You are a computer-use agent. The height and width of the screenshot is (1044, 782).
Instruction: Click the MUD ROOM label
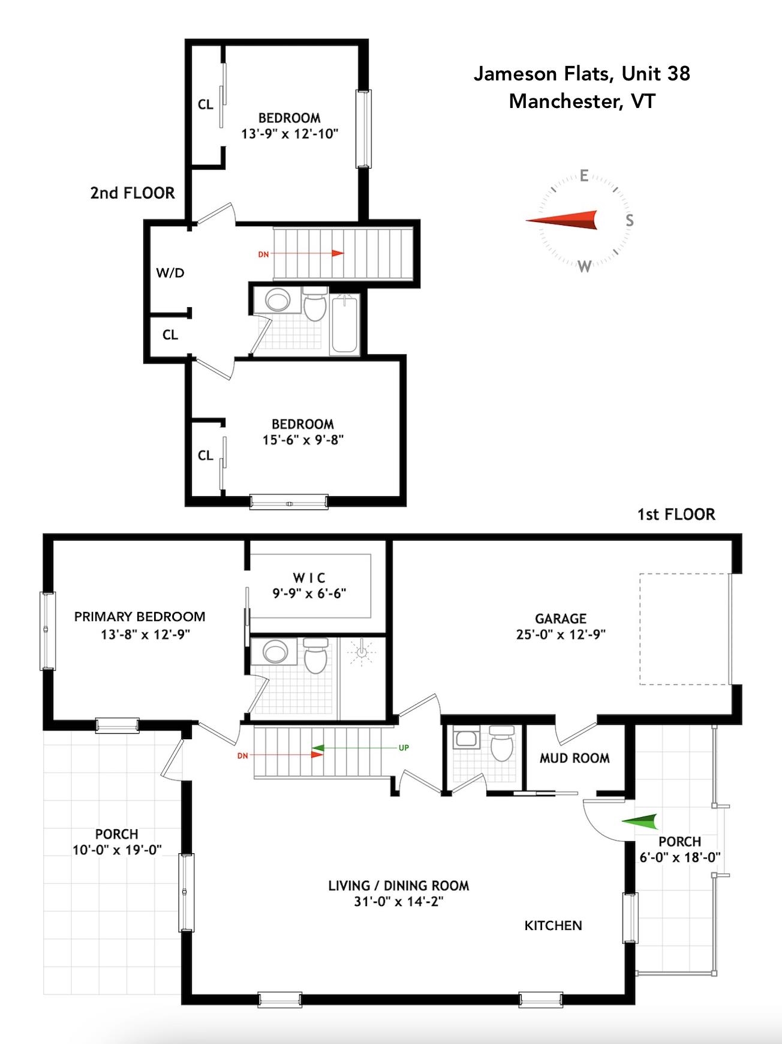pos(575,758)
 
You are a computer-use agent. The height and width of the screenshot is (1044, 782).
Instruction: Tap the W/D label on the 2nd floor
pos(170,273)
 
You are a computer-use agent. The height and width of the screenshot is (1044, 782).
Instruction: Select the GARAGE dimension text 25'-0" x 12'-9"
pos(561,634)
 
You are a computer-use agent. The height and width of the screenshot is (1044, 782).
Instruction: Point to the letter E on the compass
pos(584,176)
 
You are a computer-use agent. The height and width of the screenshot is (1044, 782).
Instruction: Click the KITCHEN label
pos(553,926)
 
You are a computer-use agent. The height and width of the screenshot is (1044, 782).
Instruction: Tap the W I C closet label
pos(309,578)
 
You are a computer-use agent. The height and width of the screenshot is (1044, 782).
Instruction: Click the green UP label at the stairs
pos(404,748)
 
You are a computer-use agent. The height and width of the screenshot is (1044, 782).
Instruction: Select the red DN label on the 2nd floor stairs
pos(263,254)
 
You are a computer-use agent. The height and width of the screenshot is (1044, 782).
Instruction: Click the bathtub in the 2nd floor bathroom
pos(344,324)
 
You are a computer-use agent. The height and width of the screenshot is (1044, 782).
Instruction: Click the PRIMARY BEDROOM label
pos(140,617)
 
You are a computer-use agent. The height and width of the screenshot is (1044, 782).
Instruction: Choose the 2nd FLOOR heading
pos(133,193)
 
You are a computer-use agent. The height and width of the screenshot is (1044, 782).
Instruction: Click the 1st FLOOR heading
pos(676,515)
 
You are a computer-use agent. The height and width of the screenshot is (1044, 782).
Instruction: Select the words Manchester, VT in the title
pos(582,101)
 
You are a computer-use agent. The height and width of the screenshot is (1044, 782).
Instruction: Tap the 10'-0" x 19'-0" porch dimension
pos(117,850)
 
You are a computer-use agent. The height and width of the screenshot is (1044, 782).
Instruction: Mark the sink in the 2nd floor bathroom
pos(277,299)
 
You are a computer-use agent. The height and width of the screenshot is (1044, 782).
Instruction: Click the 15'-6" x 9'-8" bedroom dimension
pos(303,440)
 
